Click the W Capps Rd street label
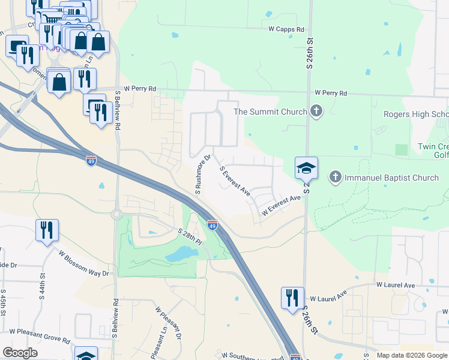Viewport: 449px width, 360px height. (x=286, y=29)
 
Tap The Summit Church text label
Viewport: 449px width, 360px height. (x=270, y=112)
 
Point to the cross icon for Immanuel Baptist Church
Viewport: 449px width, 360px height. (x=336, y=177)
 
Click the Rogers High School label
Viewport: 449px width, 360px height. (x=416, y=115)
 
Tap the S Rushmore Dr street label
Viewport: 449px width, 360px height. (x=202, y=175)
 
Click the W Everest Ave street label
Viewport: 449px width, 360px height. (x=280, y=206)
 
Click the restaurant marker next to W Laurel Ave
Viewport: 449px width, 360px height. (x=292, y=298)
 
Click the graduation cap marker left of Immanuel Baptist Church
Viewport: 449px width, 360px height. (x=306, y=168)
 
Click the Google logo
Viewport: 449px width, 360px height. (x=20, y=353)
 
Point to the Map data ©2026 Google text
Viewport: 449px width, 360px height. (x=412, y=355)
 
